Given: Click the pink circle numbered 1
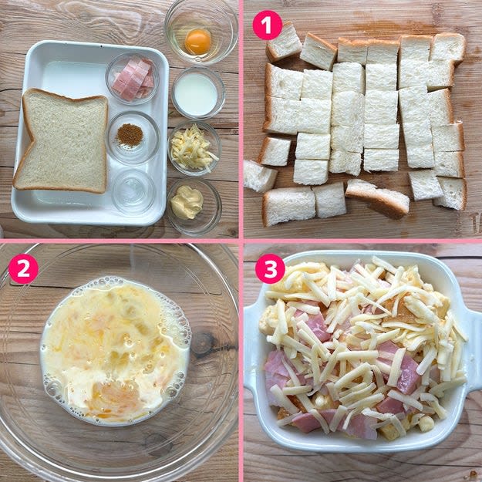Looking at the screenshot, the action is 268,25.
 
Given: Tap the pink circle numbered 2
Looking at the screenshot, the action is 23,268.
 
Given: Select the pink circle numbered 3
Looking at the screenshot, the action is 270,268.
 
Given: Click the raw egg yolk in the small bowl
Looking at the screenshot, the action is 198,42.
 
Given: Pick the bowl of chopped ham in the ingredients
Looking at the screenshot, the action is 133,79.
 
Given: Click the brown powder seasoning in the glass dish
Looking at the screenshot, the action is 130,135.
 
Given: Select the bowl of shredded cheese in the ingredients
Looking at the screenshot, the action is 194,148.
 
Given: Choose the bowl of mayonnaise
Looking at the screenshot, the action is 194,207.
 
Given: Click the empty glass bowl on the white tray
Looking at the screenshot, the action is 133,191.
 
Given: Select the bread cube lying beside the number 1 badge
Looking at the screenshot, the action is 284,42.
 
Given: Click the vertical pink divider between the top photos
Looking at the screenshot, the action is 241,120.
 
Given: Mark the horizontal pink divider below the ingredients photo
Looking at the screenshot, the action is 120,241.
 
